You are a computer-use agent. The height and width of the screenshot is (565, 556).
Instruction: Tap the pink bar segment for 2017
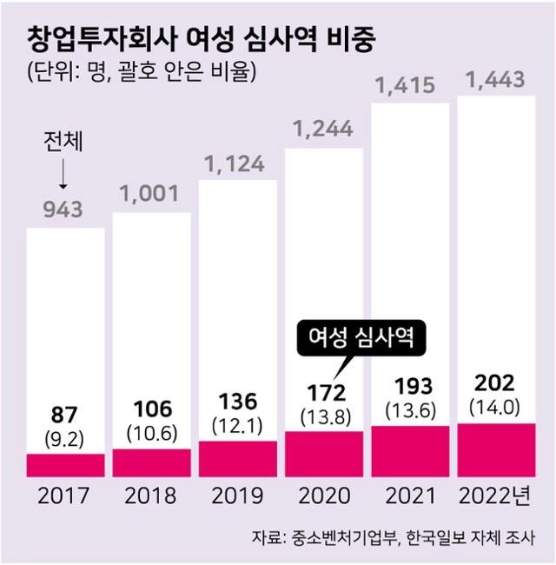click(65, 465)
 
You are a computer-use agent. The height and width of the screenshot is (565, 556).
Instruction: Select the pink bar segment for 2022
click(496, 450)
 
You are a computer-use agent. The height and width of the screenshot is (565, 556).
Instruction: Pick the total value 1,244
click(323, 130)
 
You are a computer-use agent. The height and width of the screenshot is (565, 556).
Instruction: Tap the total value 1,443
click(495, 81)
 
